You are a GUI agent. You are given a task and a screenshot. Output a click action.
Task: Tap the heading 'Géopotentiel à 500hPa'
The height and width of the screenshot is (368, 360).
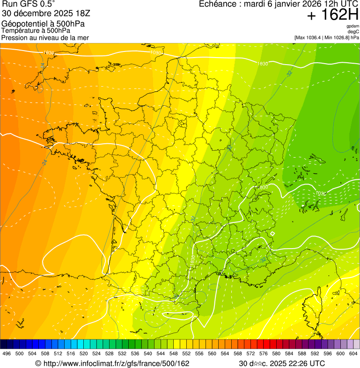pos(43,24)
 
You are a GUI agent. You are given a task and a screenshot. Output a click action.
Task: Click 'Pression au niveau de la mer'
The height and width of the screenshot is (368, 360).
pos(45,37)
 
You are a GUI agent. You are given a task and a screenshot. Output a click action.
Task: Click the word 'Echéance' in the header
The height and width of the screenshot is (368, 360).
pos(217,4)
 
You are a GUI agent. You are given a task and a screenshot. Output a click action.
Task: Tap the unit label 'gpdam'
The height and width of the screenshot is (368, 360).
pos(353,26)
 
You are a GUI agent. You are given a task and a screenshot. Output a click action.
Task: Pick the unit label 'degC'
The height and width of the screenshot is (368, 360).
pos(354,31)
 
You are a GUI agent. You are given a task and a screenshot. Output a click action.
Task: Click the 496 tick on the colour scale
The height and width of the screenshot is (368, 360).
pos(7,353)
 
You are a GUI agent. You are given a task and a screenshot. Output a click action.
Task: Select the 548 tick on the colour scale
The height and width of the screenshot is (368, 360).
pos(174,353)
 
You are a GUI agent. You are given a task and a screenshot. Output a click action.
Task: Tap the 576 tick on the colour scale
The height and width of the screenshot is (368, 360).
pos(264,353)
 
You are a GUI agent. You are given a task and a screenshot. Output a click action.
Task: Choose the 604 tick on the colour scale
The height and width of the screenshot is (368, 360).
pos(353,353)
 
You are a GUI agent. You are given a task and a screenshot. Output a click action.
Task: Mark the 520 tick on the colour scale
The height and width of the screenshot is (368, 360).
pos(84,353)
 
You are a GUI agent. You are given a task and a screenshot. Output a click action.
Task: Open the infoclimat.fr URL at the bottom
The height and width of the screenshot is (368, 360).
pos(112,363)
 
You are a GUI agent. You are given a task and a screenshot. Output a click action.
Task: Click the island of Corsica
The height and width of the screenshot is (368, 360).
pos(310,307)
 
